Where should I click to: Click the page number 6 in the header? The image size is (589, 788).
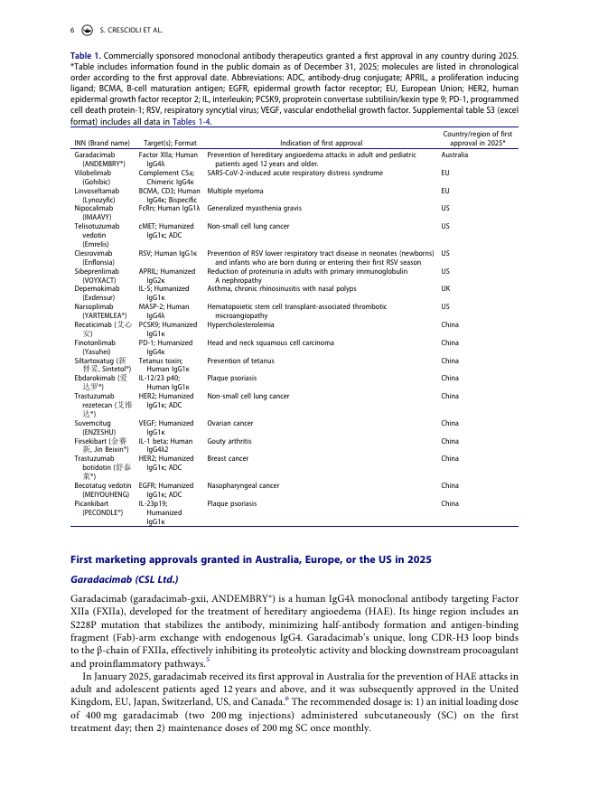click(72, 30)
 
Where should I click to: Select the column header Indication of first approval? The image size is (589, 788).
click(321, 143)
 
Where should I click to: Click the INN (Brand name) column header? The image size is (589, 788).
click(101, 143)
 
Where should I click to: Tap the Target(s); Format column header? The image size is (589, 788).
click(170, 143)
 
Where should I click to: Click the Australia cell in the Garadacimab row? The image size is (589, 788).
click(454, 155)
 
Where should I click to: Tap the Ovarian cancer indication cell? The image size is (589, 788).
click(232, 423)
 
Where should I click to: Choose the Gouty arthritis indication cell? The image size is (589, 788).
click(232, 441)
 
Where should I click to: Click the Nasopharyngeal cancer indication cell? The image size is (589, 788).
click(243, 485)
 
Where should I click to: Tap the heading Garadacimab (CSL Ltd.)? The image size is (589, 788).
click(125, 578)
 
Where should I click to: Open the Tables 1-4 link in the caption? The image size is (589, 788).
click(192, 122)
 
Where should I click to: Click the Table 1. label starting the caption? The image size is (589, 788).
click(85, 56)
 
